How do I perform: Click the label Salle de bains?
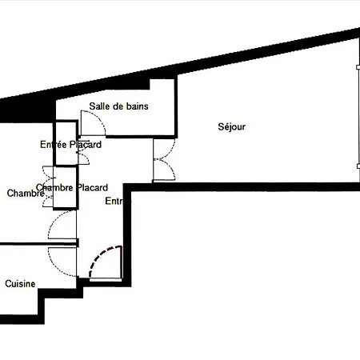[x=119, y=106]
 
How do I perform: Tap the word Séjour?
[x=231, y=126]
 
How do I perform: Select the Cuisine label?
[x=20, y=284]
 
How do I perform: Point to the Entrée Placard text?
[x=71, y=145]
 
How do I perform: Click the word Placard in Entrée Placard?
[x=85, y=145]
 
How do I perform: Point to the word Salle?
[x=100, y=106]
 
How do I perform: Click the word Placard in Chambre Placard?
[x=92, y=188]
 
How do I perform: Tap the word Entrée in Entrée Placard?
[x=53, y=145]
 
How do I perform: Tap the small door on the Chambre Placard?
[x=45, y=178]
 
